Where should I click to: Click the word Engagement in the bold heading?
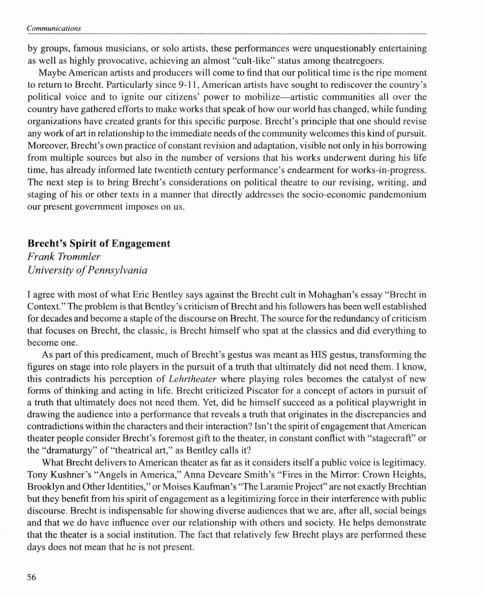click(141, 244)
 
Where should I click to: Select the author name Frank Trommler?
click(64, 257)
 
